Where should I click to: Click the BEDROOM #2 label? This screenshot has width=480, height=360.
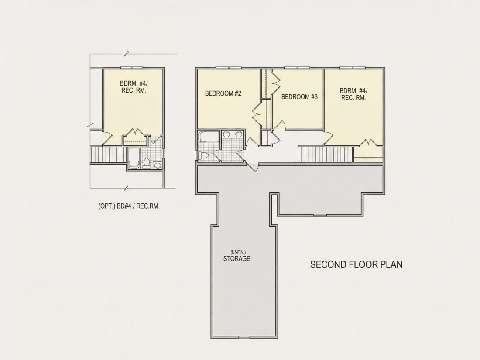point(223,93)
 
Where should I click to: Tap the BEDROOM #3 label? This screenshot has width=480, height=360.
point(299,97)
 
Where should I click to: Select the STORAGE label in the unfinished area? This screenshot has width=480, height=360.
point(237,259)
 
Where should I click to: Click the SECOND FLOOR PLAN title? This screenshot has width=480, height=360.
point(357,264)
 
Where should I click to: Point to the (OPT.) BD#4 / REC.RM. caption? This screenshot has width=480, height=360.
point(129,206)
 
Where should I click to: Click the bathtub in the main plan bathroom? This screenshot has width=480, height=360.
point(209,137)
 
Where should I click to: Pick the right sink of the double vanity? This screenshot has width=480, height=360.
point(238,134)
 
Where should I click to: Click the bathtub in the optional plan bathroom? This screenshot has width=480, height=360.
point(134,158)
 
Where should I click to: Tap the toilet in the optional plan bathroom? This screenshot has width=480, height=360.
point(146,163)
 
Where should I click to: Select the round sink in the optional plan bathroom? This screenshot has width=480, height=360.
point(158,166)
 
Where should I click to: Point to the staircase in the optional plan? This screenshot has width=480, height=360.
point(108,155)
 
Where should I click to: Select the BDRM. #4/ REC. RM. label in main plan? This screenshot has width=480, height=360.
point(353,94)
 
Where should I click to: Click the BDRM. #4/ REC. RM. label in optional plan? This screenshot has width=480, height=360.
point(133,87)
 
